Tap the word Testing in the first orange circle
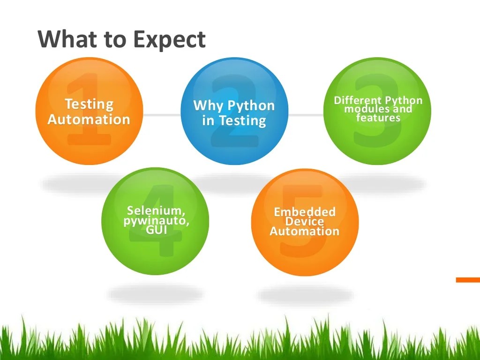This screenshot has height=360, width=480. (89, 104)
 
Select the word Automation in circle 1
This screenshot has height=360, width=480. (89, 119)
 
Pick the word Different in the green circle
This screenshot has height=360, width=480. (358, 100)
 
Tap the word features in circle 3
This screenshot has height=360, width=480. (378, 117)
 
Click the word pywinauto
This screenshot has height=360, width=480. (156, 220)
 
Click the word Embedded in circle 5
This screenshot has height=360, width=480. (305, 212)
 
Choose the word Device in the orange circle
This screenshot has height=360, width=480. (305, 221)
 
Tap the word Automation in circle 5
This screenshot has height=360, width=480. (305, 231)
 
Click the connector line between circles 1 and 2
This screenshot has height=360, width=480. (162, 114)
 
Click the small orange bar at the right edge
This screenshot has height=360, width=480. (468, 280)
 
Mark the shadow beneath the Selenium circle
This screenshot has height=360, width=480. (155, 294)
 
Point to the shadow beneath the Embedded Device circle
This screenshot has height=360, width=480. (305, 295)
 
